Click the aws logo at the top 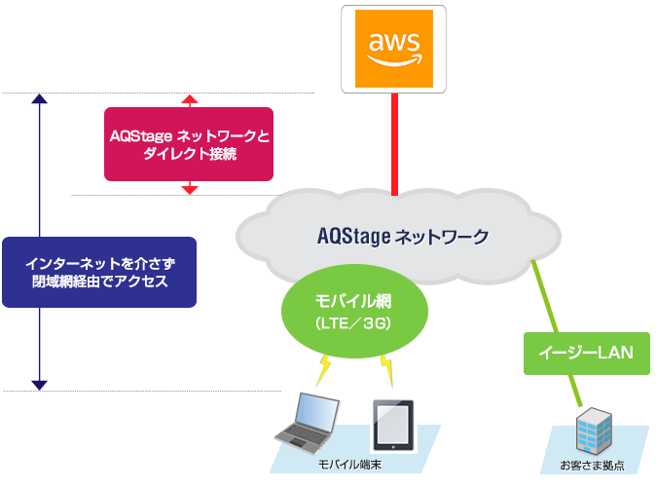click(393, 48)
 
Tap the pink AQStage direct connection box click(189, 144)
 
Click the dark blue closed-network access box click(98, 273)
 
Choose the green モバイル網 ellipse click(353, 311)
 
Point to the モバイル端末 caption click(349, 466)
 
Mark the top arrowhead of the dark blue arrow click(39, 99)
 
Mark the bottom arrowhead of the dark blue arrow click(39, 385)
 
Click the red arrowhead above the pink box click(190, 99)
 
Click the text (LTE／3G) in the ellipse click(353, 322)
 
